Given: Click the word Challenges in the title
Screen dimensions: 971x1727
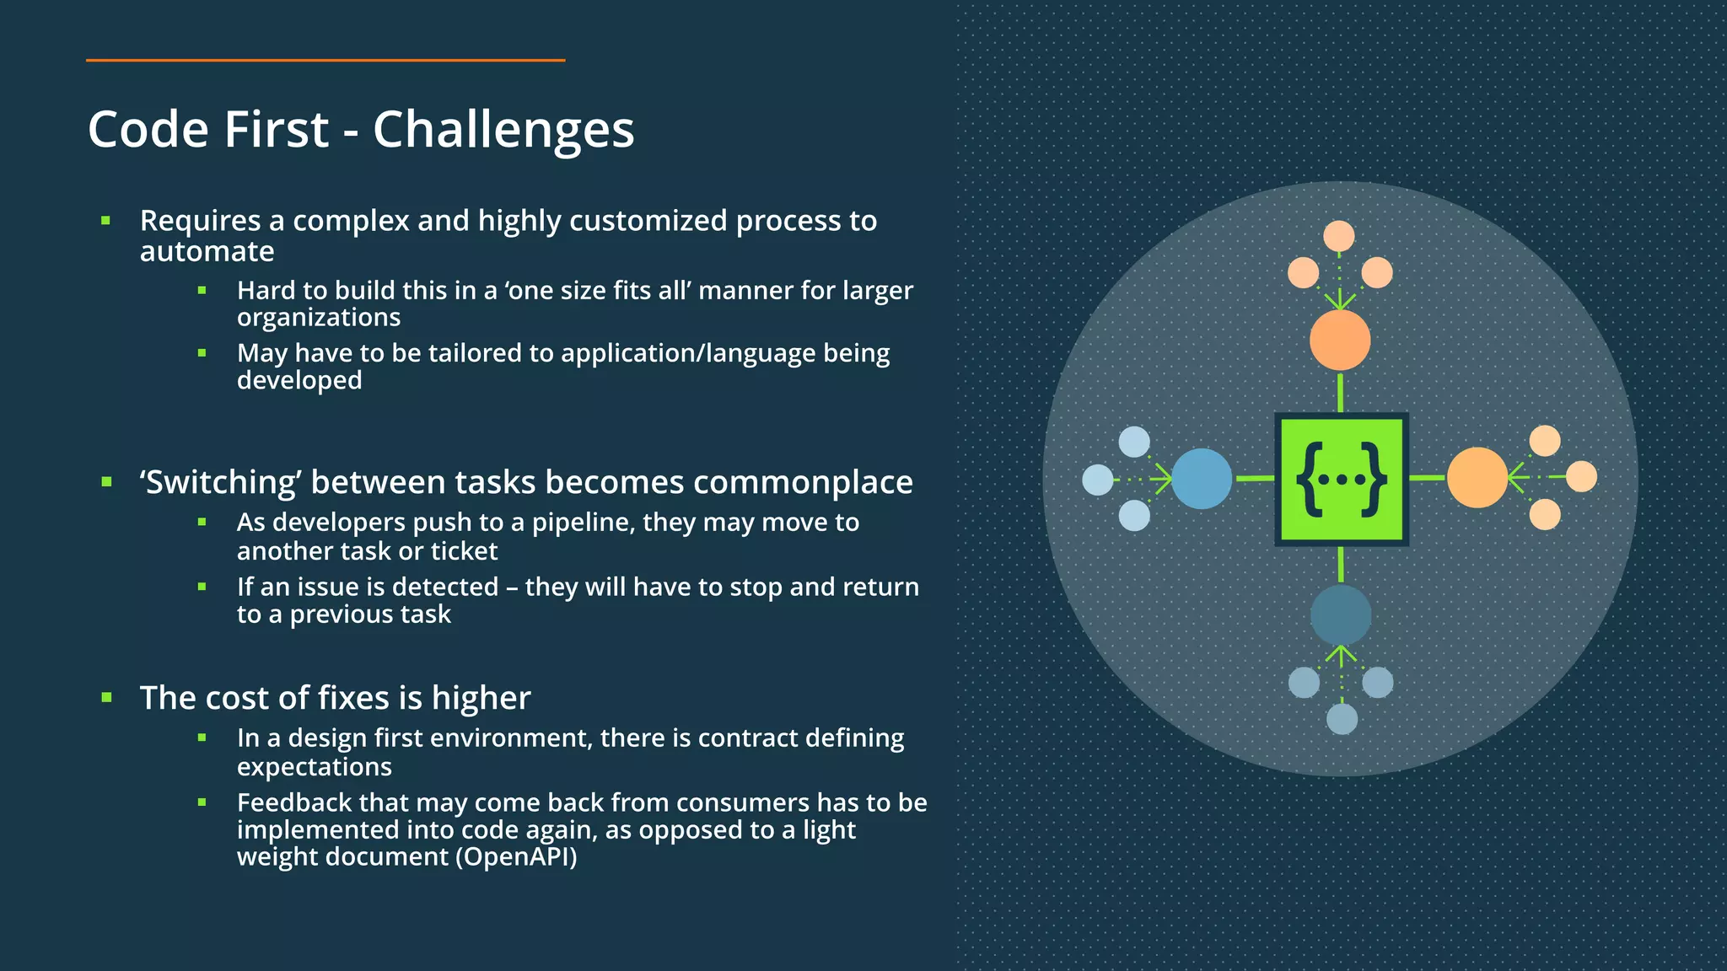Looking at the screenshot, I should click(503, 131).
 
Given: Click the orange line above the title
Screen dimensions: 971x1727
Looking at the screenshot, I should click(325, 61).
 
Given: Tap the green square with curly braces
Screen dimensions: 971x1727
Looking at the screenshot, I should click(1341, 480).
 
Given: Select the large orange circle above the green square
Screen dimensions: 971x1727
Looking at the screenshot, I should click(1340, 340).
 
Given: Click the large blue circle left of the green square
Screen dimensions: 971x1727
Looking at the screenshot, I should click(1202, 479).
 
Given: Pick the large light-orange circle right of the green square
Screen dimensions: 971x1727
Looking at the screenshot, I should click(1477, 478).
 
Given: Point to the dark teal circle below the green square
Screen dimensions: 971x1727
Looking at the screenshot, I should click(1341, 615).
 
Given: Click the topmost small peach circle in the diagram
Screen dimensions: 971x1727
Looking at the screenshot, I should click(1339, 236).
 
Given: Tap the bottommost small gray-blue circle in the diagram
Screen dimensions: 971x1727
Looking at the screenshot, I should click(1342, 719).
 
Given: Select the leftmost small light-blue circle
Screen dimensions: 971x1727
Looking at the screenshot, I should click(1098, 480).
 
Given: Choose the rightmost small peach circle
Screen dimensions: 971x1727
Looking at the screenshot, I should click(1581, 476).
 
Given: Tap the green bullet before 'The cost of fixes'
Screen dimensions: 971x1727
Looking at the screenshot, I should click(106, 698).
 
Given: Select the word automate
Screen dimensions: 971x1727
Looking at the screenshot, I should click(207, 251).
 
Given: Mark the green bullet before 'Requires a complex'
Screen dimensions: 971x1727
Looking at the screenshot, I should click(105, 221).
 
